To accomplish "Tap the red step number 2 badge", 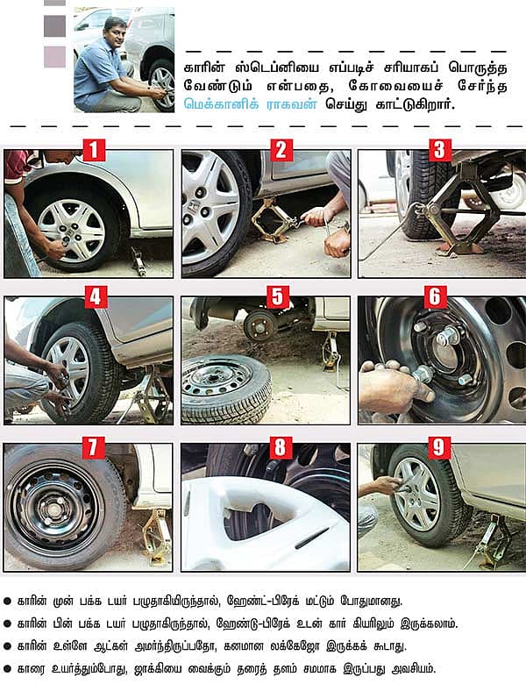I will (x=281, y=149).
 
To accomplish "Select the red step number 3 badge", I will (x=440, y=149).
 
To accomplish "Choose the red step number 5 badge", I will (x=278, y=297).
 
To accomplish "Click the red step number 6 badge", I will (x=436, y=297).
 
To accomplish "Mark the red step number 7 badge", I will (x=93, y=446).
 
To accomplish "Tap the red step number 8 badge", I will (x=278, y=446).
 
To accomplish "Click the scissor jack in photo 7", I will (x=156, y=535).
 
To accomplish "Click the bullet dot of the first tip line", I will (x=8, y=602).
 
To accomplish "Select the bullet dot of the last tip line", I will (x=8, y=668).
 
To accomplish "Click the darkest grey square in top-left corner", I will (x=54, y=25).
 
